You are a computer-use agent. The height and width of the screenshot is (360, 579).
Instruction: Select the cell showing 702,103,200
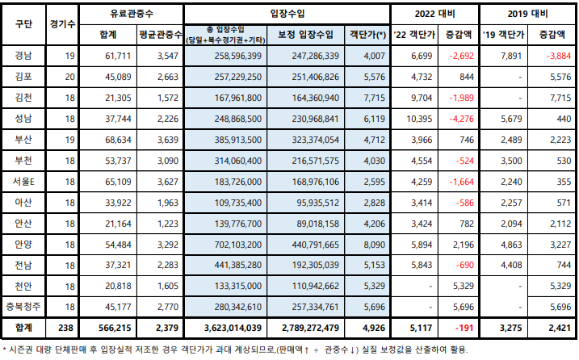233,244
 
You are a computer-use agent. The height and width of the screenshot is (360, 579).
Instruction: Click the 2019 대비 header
528,15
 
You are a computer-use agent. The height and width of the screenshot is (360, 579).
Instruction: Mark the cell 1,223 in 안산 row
162,223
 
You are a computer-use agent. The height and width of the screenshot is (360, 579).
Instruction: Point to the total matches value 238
69,329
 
